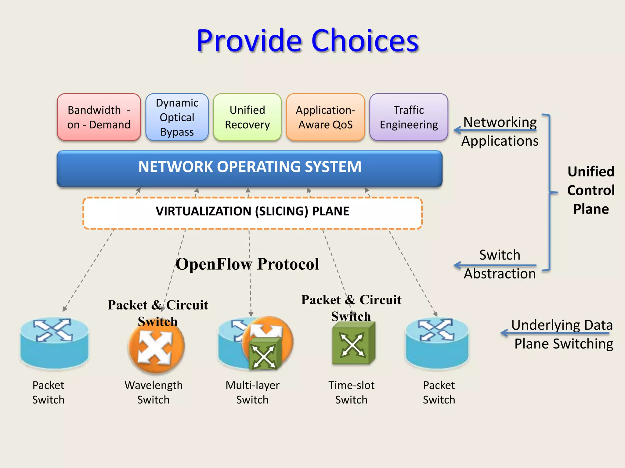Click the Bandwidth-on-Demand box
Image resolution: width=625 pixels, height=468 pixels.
99,117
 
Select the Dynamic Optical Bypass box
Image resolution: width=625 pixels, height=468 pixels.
177,117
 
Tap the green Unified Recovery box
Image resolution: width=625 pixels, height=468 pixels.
247,117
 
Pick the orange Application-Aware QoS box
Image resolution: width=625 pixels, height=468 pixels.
325,117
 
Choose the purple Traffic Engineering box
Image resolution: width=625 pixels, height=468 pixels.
409,117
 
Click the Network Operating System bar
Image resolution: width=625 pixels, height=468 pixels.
250,168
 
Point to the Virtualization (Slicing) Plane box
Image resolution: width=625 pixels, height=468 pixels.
252,213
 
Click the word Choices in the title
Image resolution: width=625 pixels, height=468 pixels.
365,41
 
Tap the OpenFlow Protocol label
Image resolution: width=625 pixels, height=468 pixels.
247,264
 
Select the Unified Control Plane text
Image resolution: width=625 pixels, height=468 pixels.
591,190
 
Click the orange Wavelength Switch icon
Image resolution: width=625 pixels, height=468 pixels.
157,347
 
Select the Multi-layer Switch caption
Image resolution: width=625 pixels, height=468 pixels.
252,392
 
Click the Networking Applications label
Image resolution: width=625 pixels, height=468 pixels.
500,132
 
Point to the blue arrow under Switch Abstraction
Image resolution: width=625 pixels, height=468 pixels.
494,265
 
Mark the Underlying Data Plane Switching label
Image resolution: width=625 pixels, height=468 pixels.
562,334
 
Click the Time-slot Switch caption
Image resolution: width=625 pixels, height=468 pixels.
351,392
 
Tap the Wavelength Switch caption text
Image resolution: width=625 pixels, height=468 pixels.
154,392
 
